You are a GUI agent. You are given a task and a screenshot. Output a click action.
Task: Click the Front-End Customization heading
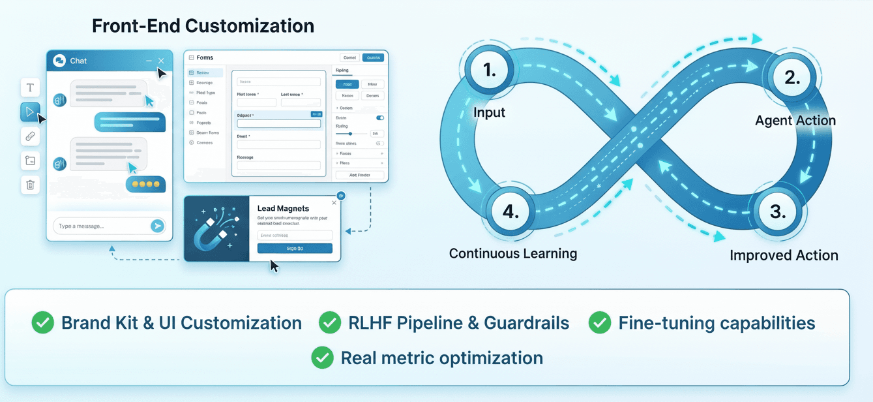[203, 26]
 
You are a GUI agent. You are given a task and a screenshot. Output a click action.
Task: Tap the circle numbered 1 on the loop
[490, 70]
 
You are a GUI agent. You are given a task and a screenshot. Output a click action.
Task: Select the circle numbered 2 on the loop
[792, 78]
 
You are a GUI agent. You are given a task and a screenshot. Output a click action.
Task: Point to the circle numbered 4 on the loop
[510, 211]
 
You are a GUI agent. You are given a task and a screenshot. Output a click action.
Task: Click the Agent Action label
[795, 120]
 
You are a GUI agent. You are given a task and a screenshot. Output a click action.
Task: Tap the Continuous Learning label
[513, 253]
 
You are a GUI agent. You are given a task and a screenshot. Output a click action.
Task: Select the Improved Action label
[784, 255]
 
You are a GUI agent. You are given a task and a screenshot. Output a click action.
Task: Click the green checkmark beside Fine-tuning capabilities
[600, 322]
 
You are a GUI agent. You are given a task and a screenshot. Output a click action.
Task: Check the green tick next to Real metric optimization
[322, 357]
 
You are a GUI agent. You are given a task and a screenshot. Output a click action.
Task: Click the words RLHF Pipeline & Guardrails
[459, 322]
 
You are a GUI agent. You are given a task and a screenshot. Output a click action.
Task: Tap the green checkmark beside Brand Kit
[42, 322]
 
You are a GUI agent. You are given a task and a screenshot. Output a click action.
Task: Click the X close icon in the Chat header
[161, 61]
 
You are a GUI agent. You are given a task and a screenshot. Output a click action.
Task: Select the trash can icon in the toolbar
[30, 185]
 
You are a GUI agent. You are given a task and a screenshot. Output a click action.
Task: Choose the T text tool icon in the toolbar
[30, 87]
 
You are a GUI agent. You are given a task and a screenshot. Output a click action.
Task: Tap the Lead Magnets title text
[283, 208]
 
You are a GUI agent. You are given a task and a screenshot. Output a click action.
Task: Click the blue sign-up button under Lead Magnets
[295, 248]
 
